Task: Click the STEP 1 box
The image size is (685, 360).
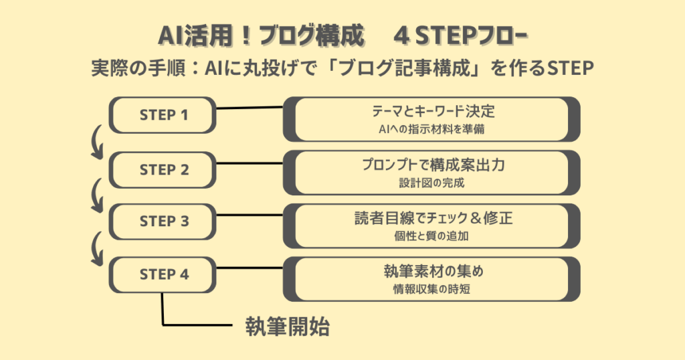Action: tap(163, 115)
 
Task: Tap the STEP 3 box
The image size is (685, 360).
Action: tap(163, 221)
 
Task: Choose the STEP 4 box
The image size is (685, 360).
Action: tap(163, 274)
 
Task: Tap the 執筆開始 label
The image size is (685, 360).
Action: tap(288, 327)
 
